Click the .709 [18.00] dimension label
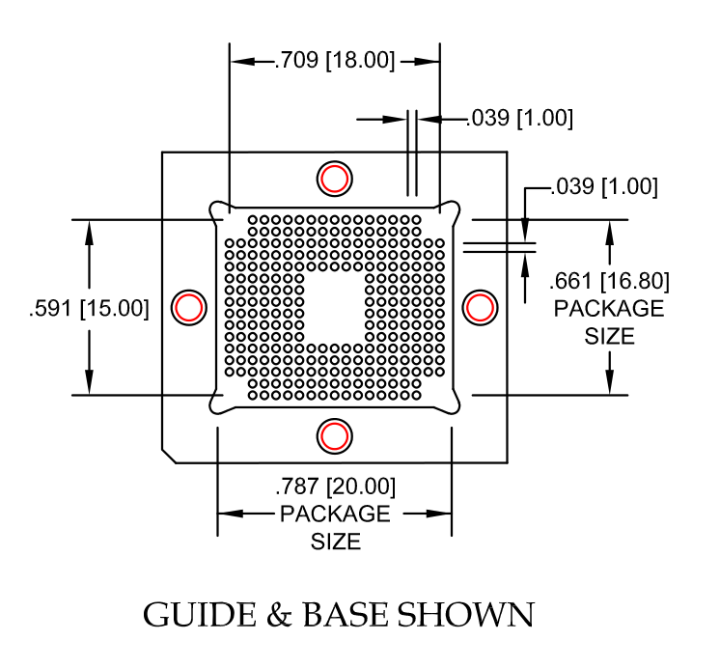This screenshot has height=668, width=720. (x=334, y=60)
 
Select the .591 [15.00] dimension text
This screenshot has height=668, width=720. (x=89, y=308)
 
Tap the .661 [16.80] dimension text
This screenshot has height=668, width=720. (x=609, y=281)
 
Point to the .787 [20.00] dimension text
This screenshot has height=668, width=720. (x=335, y=487)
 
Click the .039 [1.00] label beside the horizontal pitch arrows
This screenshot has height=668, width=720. (x=520, y=118)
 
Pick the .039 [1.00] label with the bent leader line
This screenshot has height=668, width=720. (x=604, y=186)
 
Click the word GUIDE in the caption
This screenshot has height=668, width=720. (x=200, y=614)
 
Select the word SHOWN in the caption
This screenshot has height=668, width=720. (x=465, y=614)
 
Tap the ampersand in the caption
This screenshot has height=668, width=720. (x=279, y=614)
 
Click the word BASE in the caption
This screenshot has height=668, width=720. (x=345, y=614)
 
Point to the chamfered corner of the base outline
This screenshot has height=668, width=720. (x=169, y=456)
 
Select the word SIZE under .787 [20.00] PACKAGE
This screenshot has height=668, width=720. (x=336, y=542)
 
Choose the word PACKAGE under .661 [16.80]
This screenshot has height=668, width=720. (x=609, y=308)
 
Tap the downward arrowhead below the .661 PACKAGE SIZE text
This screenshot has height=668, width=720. (x=609, y=382)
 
